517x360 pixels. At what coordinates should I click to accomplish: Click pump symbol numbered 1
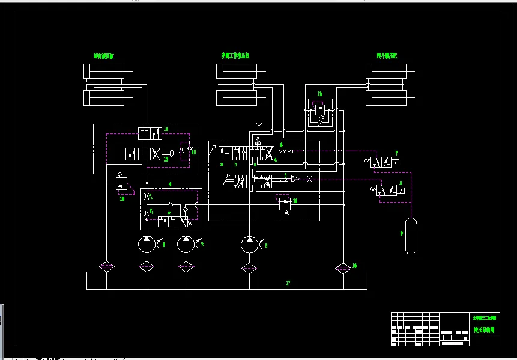pos(146,244)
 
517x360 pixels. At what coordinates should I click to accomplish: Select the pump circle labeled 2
pos(186,244)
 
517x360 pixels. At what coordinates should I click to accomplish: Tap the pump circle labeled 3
pos(249,244)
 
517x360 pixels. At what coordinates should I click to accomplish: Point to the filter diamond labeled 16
pos(343,267)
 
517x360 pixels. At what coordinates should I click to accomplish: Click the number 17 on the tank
pos(288,282)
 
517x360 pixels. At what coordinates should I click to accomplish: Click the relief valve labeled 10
pos(124,183)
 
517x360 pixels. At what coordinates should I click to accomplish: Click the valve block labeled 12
pos(319,112)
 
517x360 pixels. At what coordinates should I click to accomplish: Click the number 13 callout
pos(166,159)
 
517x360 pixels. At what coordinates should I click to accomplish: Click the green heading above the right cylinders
pos(387,56)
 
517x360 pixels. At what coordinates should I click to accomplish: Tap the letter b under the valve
pos(236,163)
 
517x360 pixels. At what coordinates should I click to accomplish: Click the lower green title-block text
pos(483,330)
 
